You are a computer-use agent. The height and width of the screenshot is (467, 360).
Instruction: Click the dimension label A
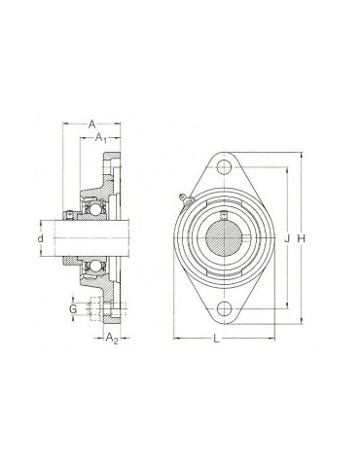[92, 125]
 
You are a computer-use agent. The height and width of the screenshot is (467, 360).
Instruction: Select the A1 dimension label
[101, 138]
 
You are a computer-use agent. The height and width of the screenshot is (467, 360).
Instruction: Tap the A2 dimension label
[112, 338]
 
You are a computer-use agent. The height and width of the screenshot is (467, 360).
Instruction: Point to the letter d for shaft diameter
[40, 238]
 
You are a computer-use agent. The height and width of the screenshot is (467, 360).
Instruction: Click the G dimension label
[73, 309]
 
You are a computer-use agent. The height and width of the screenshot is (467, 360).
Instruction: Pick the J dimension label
[287, 239]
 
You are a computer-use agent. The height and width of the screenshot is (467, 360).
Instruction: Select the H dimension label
[302, 239]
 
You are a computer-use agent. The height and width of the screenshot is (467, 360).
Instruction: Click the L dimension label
[217, 340]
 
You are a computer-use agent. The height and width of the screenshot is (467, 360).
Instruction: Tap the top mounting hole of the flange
[224, 167]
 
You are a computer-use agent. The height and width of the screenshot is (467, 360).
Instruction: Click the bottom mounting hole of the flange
[224, 308]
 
